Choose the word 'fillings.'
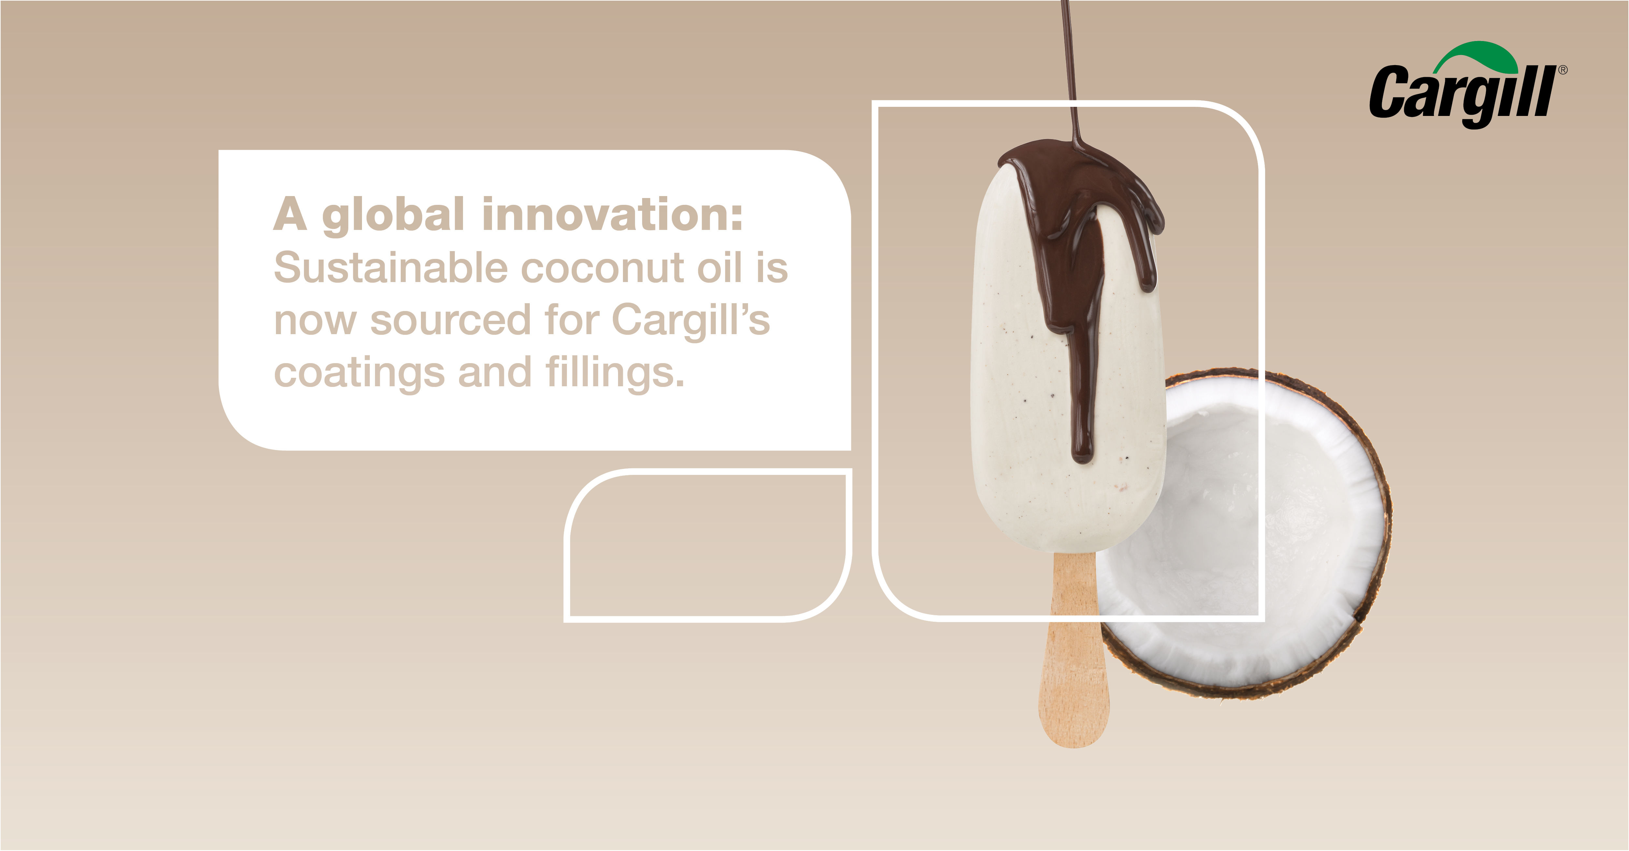[x=615, y=373]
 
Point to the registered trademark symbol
[x=1563, y=70]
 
